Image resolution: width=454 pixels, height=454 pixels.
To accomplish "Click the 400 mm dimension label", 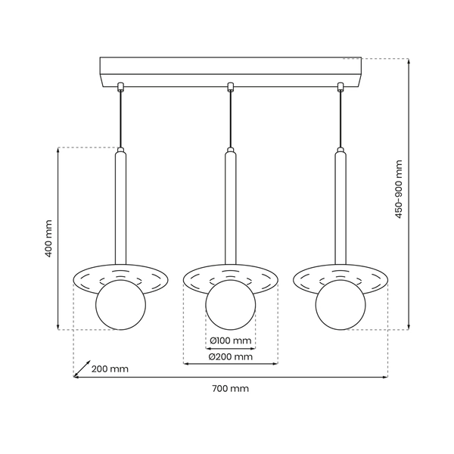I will [48, 239].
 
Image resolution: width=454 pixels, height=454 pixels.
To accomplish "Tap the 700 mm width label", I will [229, 388].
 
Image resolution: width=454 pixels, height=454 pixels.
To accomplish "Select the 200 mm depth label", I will [110, 369].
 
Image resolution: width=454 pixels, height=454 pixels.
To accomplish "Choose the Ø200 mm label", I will [230, 356].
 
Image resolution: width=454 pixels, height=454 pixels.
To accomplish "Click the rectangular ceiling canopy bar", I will [230, 69].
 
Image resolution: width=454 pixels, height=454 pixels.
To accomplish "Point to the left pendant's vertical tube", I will [120, 204].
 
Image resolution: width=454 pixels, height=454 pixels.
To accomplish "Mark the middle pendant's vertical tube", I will [231, 204].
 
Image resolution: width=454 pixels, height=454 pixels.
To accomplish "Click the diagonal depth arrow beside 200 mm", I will [82, 368].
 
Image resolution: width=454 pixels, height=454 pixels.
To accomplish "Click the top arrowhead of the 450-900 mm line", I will [408, 61].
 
